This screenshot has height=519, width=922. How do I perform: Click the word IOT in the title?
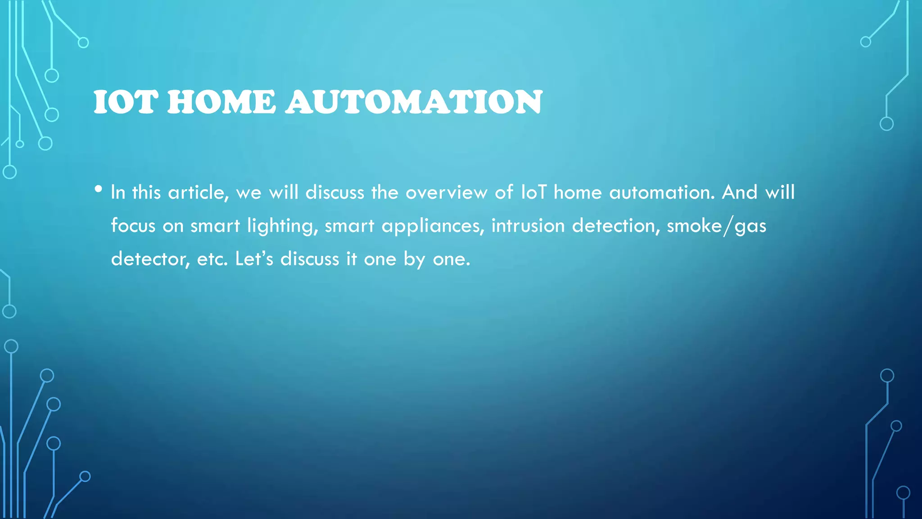click(x=126, y=102)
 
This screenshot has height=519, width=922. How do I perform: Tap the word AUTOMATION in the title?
click(x=414, y=102)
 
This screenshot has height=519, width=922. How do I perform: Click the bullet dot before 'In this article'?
click(x=99, y=189)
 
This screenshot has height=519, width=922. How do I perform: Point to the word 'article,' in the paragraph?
click(x=199, y=193)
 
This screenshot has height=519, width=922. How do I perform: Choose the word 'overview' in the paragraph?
click(x=446, y=193)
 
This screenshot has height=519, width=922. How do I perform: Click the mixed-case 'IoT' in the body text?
click(x=533, y=193)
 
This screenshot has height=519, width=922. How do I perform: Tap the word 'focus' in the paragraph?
click(x=133, y=226)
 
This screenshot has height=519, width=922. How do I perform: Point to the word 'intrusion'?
click(x=528, y=226)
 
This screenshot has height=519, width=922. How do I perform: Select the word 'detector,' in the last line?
click(x=150, y=259)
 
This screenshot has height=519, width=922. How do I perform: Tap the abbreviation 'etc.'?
click(x=212, y=259)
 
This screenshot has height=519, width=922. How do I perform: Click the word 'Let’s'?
click(x=254, y=259)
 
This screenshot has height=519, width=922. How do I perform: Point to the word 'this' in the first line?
click(x=146, y=193)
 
